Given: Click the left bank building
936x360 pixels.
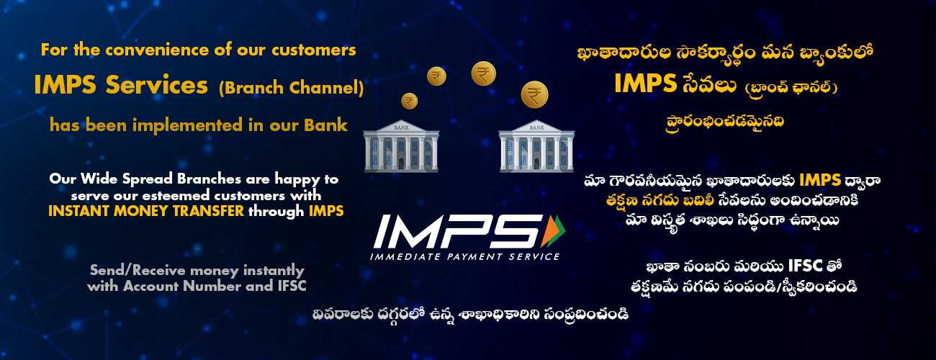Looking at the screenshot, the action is [401, 146].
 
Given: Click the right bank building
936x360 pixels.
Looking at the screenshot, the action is [536, 146].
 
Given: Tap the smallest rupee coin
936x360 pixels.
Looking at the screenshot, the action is [409, 101].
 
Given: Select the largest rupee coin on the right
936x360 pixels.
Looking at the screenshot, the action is [534, 95].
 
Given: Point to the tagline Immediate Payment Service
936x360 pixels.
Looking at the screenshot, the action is [464, 256].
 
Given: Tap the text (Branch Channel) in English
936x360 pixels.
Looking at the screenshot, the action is [291, 88].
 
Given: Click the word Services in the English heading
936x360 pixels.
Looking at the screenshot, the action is [157, 85].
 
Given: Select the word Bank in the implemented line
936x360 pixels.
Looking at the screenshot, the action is [325, 125].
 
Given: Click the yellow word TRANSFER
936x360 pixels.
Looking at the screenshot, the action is [208, 211].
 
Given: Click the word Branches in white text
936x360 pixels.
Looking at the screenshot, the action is [209, 179].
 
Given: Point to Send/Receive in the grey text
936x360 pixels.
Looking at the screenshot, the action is [138, 270].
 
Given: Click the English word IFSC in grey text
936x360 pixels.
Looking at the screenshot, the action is [292, 286].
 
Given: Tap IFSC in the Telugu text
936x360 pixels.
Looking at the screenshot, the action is [805, 266].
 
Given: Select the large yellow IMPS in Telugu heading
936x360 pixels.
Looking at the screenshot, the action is [645, 84].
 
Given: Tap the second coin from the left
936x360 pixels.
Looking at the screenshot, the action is [436, 76].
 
